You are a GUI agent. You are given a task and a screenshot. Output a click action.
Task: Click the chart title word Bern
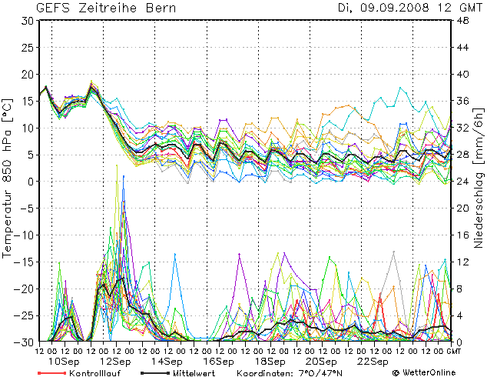point(159,8)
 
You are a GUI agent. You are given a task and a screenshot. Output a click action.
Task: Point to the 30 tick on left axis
point(26,21)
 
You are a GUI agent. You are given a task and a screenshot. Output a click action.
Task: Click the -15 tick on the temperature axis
point(23,262)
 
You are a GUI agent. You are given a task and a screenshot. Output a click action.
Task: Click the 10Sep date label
point(64,361)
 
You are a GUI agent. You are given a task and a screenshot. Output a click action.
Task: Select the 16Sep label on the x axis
point(219,361)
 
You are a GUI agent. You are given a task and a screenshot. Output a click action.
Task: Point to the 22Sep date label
point(373,361)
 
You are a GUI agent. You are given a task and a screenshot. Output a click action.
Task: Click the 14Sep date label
point(167,361)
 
